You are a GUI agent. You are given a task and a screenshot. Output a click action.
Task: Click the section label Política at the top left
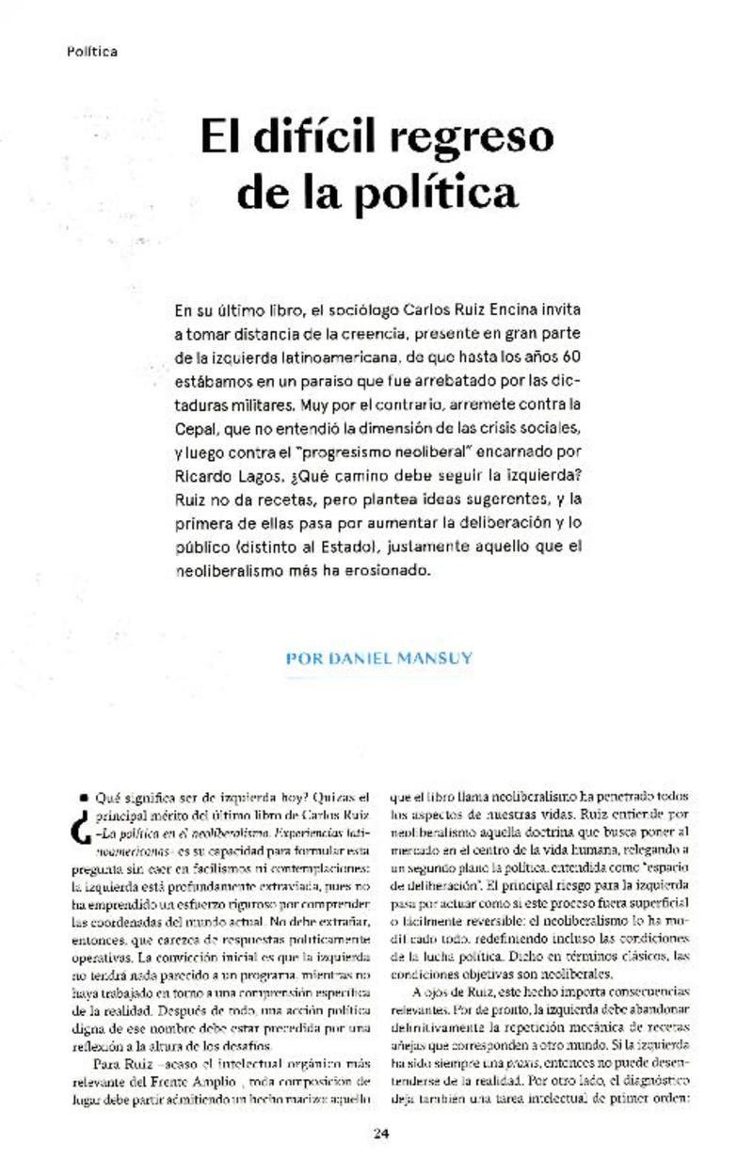click(92, 52)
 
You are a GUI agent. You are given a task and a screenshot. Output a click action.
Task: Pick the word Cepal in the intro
click(196, 431)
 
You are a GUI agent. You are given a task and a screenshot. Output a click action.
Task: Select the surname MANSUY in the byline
click(435, 658)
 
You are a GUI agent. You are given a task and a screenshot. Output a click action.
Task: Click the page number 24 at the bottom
click(381, 1133)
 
